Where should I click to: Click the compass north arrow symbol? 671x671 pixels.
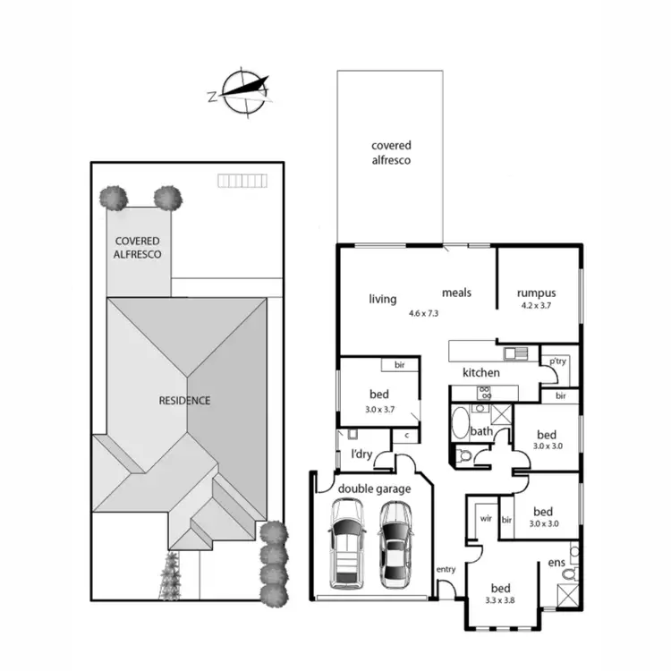click(242, 89)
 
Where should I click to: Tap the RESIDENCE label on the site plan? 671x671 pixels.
click(185, 400)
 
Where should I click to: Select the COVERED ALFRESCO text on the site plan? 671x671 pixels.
click(137, 248)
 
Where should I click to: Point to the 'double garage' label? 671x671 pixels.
click(374, 488)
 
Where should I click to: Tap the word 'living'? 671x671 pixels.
click(383, 299)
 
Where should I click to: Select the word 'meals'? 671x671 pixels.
click(456, 293)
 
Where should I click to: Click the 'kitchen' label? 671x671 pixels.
click(480, 372)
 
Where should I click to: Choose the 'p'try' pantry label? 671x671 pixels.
click(559, 361)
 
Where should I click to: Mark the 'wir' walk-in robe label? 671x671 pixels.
click(487, 518)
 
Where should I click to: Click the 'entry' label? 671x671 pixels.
click(445, 569)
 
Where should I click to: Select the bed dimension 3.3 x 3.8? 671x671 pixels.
click(501, 601)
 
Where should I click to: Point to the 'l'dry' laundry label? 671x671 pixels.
click(361, 454)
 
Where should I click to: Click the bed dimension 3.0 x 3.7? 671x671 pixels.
click(379, 408)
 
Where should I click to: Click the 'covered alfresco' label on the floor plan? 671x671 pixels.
click(391, 153)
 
